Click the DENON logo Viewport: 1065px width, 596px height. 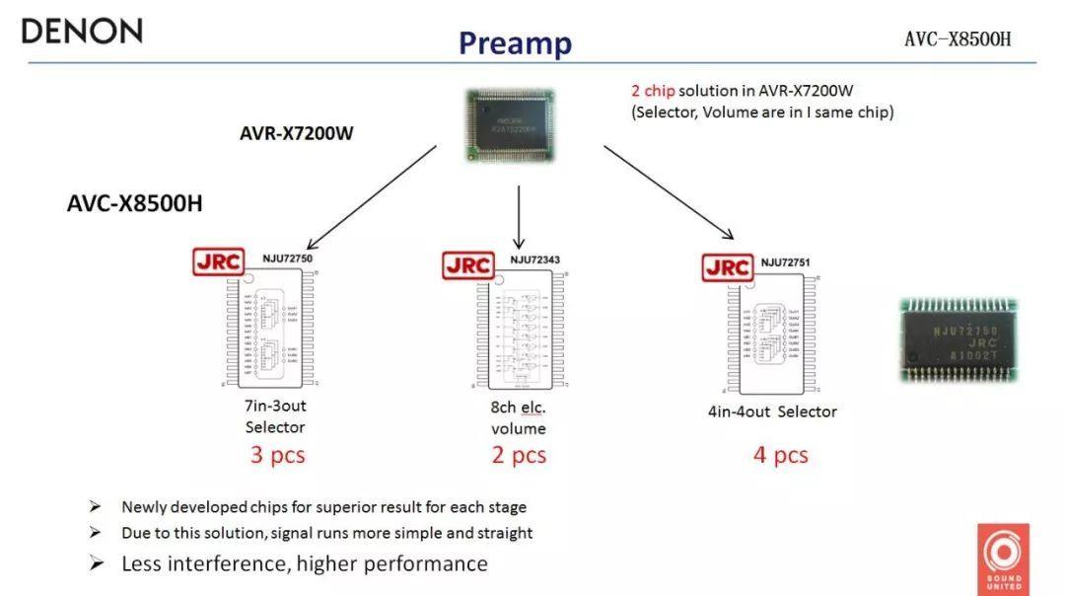pos(82,31)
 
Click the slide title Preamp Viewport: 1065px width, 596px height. pos(515,43)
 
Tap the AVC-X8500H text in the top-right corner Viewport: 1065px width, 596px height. pos(958,39)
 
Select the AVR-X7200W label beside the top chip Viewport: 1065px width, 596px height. pos(296,133)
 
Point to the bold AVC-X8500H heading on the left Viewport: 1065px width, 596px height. pos(135,204)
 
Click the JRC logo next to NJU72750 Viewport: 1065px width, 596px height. pos(218,261)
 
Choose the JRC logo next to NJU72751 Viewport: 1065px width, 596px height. pos(728,267)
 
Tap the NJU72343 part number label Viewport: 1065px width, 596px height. pos(534,260)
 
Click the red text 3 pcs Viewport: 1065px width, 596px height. pos(277,455)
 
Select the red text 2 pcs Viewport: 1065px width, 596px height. pos(519,455)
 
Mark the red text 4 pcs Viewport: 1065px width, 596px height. pos(781,455)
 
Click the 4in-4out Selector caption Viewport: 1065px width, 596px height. pos(772,411)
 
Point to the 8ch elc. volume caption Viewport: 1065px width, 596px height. pos(519,417)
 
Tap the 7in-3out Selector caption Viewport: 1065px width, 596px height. pos(275,416)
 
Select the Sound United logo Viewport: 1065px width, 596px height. pos(1005,558)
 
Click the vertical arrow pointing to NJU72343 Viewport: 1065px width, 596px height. pos(518,216)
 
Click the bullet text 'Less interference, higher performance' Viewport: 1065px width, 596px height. pos(304,563)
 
